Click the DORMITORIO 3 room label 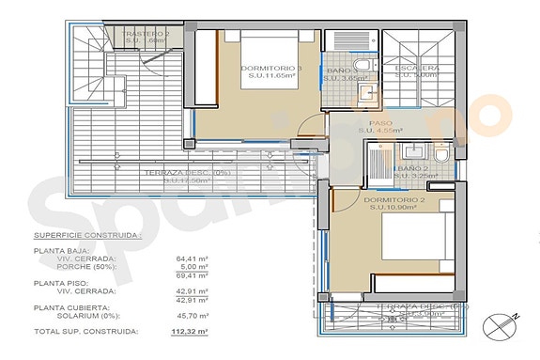click(244, 70)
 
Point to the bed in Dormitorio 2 click(413, 249)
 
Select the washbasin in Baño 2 click(411, 150)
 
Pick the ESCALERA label click(417, 70)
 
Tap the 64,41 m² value click(192, 258)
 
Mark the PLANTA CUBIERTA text click(71, 307)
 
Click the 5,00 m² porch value click(194, 267)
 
